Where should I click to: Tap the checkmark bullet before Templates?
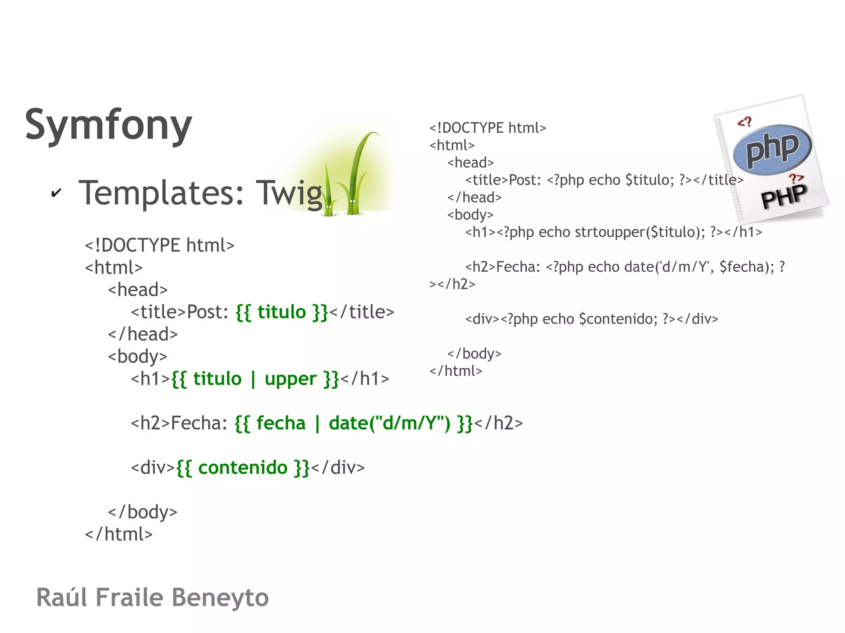56,193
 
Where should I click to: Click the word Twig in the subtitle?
289,193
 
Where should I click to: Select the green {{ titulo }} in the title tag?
282,312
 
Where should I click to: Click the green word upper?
290,379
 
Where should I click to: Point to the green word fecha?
281,424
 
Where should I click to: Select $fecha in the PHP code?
746,267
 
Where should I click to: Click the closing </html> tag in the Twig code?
119,534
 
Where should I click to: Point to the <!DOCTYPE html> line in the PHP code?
487,128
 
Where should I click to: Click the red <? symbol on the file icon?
744,122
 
